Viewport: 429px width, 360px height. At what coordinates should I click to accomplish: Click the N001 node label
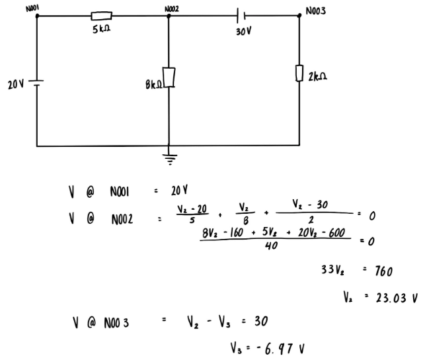pos(32,7)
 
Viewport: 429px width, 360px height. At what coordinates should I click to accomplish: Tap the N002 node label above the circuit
pos(172,8)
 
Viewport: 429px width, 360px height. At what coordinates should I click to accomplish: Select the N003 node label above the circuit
pos(316,12)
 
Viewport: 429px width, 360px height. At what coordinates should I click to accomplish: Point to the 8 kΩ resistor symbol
pos(169,77)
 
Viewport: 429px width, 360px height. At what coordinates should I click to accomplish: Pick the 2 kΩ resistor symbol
pos(299,73)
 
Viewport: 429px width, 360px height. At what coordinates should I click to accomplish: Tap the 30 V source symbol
pos(241,15)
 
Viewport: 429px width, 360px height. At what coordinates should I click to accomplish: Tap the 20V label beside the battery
pos(16,84)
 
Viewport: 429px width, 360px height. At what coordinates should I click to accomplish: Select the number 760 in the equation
pos(385,271)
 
